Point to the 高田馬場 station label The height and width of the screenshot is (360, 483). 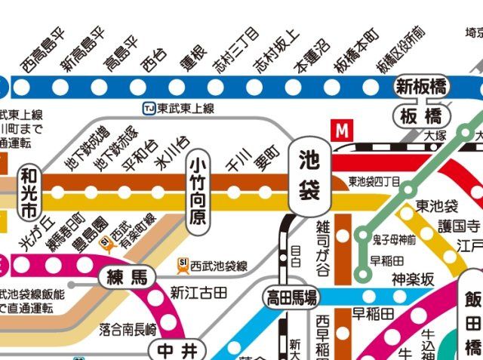(x=291, y=296)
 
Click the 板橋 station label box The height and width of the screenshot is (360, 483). (x=421, y=115)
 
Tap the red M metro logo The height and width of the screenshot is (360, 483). (x=343, y=130)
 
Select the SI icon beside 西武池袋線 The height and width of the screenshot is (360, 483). (x=183, y=265)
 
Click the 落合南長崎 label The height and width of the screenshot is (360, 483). (x=128, y=328)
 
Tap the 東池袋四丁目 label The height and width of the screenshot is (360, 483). (x=373, y=182)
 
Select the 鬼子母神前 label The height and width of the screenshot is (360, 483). (x=393, y=240)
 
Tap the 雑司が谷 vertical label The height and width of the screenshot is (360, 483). (x=322, y=237)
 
